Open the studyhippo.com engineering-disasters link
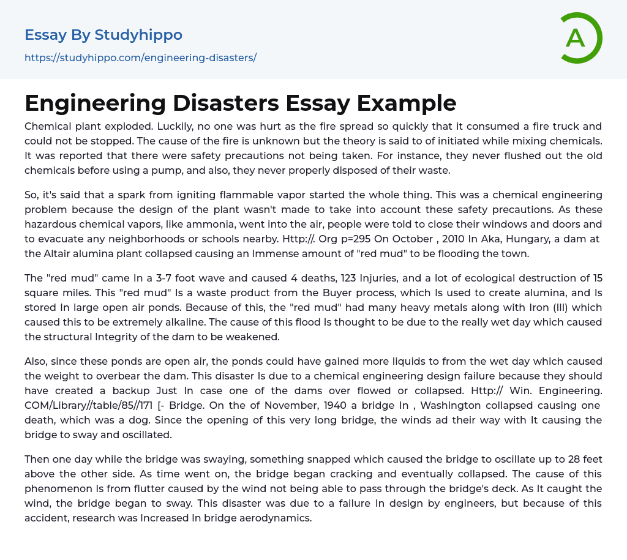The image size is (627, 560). pos(140,58)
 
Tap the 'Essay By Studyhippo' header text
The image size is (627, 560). pos(103,35)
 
